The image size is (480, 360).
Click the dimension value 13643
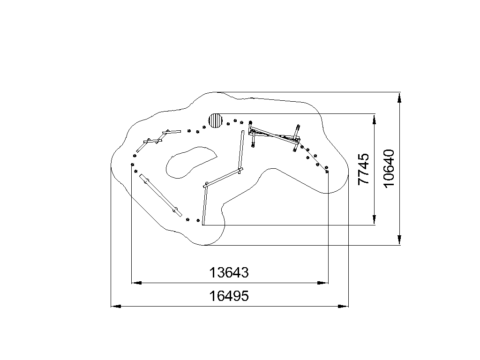point(229,272)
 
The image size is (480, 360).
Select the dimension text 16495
point(229,296)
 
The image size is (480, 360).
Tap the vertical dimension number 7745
point(364,169)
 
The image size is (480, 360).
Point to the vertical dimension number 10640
point(389,168)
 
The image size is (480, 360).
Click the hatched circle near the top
point(215,120)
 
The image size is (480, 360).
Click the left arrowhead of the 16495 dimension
point(116,306)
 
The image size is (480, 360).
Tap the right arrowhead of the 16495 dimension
point(343,306)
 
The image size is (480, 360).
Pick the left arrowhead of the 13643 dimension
point(136,283)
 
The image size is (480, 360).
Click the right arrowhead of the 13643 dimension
point(323,283)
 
